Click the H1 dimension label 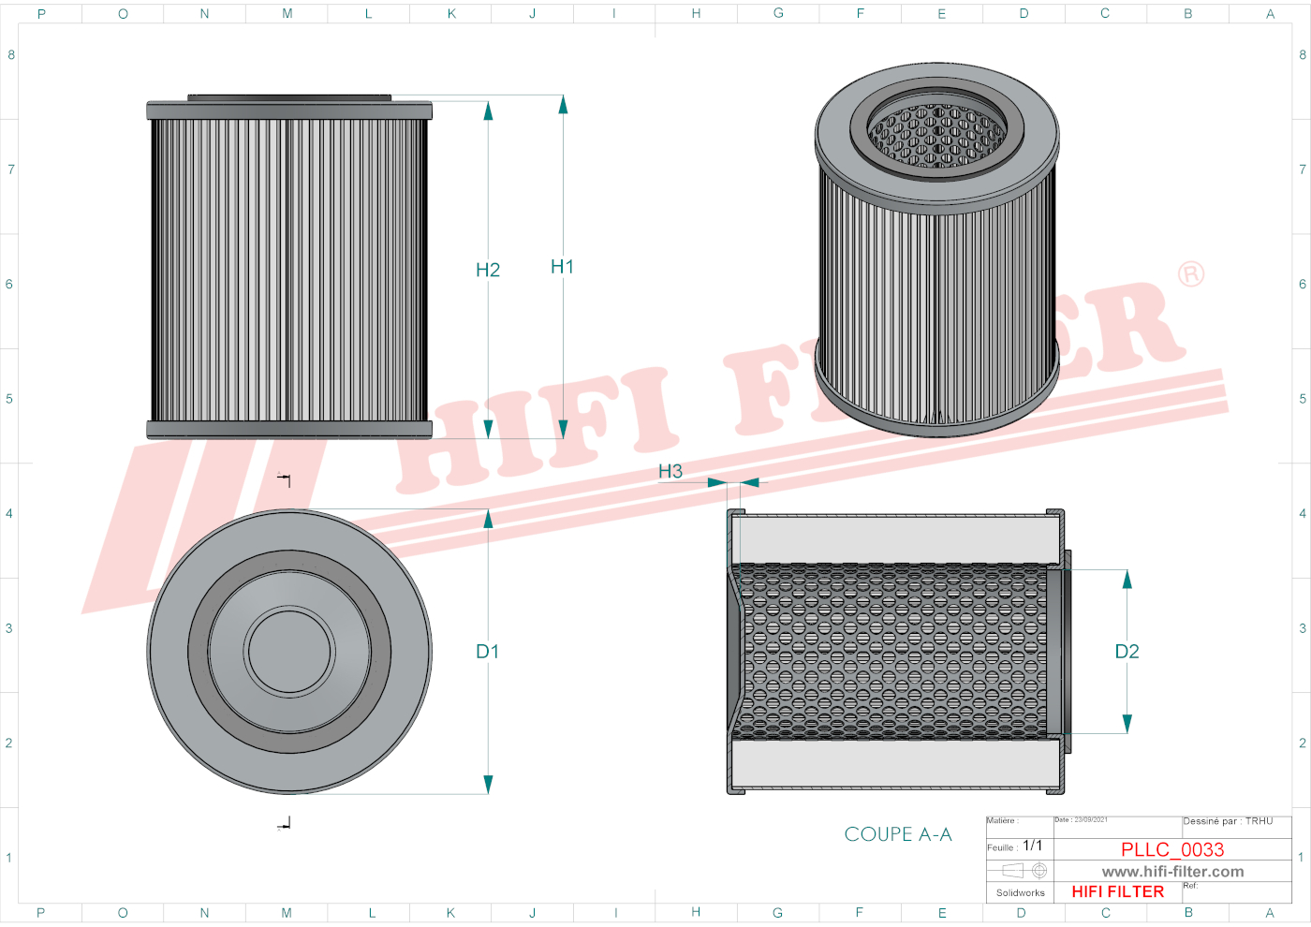pyautogui.click(x=562, y=267)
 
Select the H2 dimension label pyautogui.click(x=488, y=270)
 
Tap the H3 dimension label pyautogui.click(x=670, y=471)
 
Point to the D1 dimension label pyautogui.click(x=488, y=652)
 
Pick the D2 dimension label pyautogui.click(x=1127, y=652)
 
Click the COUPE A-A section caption pyautogui.click(x=897, y=834)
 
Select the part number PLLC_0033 pyautogui.click(x=1172, y=849)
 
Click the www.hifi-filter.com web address pyautogui.click(x=1172, y=872)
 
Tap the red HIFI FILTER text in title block pyautogui.click(x=1117, y=892)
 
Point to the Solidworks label pyautogui.click(x=1020, y=893)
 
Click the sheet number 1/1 pyautogui.click(x=1032, y=846)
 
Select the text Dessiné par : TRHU pyautogui.click(x=1228, y=821)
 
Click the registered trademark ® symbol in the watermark pyautogui.click(x=1191, y=274)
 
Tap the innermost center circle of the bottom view pyautogui.click(x=290, y=652)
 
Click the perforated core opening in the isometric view pyautogui.click(x=936, y=136)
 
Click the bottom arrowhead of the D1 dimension pyautogui.click(x=488, y=784)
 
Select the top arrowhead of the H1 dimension pyautogui.click(x=563, y=105)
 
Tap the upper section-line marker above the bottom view pyautogui.click(x=285, y=479)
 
